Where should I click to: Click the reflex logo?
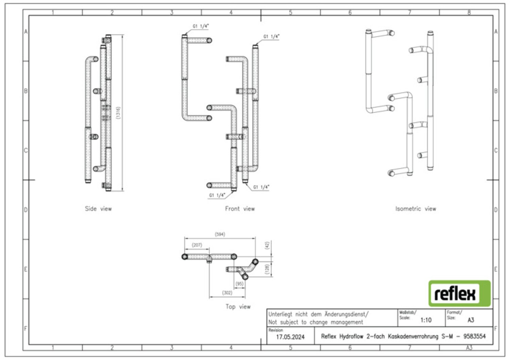[x=459, y=293]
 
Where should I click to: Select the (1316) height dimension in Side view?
[x=118, y=113]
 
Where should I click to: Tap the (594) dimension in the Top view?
[x=220, y=234]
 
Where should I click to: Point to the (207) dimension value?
[x=197, y=245]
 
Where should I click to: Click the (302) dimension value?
[x=227, y=293]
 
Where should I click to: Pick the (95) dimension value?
[x=239, y=284]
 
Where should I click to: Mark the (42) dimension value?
[x=267, y=245]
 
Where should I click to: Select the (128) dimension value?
[x=267, y=269]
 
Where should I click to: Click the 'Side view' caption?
[x=98, y=209]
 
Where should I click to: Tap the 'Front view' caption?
[x=240, y=209]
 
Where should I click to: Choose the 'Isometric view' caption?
[x=415, y=209]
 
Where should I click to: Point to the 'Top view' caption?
[x=238, y=307]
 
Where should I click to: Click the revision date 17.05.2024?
[x=290, y=337]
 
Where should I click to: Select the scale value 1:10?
[x=426, y=320]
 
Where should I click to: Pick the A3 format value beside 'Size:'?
[x=471, y=320]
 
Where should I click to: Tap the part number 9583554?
[x=474, y=337]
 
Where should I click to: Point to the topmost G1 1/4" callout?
[x=201, y=26]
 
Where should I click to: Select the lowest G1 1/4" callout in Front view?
[x=217, y=195]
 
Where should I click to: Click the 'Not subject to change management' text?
[x=316, y=322]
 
